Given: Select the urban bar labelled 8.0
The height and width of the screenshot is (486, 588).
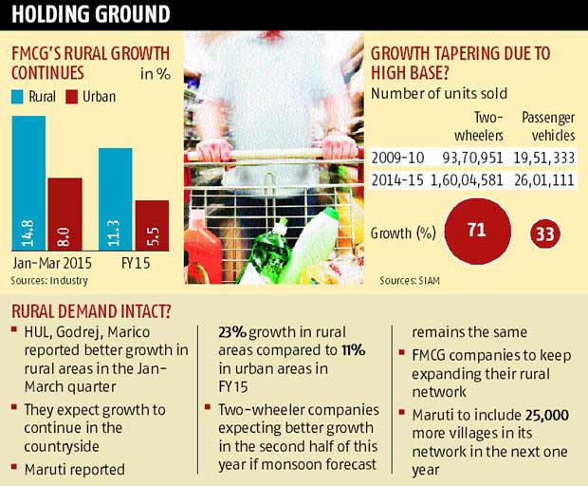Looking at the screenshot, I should coord(64,214).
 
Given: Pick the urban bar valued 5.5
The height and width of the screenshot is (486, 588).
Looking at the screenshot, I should coord(151,225).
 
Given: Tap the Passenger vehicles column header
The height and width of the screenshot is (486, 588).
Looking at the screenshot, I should coord(549,126).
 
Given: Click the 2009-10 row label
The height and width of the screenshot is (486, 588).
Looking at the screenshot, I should coord(397,157).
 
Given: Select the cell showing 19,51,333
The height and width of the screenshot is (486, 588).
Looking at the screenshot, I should coord(548,157).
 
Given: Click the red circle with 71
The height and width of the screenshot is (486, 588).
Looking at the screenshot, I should coord(475,231).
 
